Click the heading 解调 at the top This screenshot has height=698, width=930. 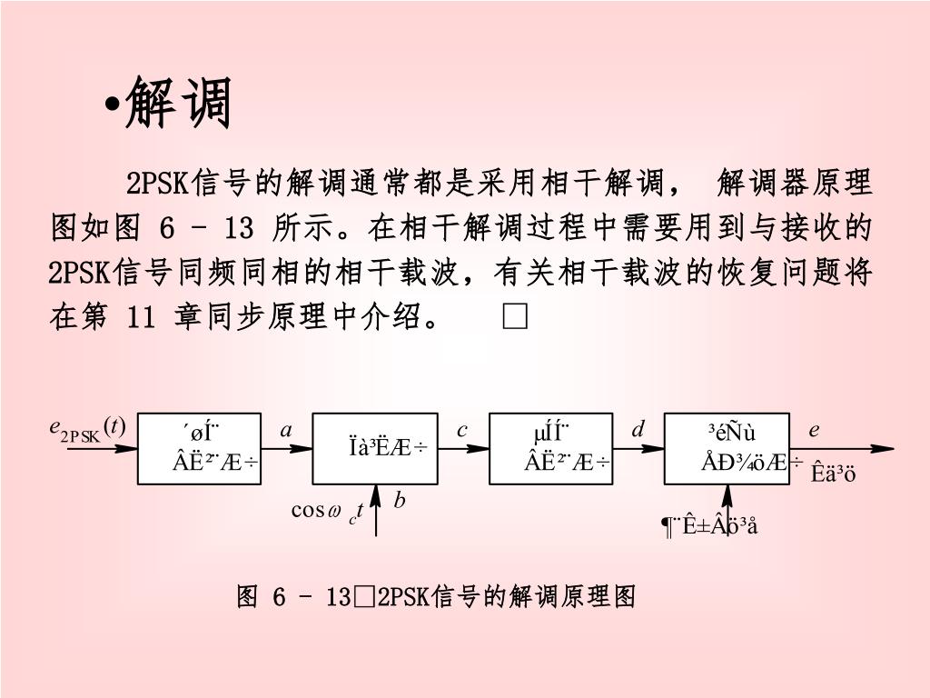[179, 103]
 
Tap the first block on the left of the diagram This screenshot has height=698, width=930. [199, 448]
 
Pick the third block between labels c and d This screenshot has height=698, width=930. [550, 448]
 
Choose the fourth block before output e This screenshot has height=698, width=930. [727, 448]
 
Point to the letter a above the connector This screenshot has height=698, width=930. [286, 431]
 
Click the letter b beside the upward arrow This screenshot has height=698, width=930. [399, 500]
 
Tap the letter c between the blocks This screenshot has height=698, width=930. [462, 431]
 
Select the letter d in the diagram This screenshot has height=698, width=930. [638, 431]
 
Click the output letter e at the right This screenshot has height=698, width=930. [814, 431]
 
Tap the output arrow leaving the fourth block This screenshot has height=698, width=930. [845, 449]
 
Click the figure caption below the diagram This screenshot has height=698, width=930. [436, 597]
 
